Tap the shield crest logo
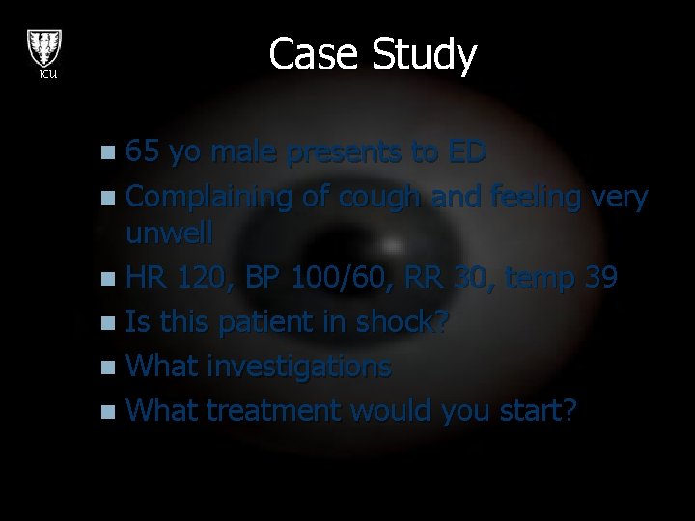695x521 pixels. pos(44,46)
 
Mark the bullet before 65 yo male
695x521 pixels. pos(113,153)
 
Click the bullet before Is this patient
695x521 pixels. pos(113,323)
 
